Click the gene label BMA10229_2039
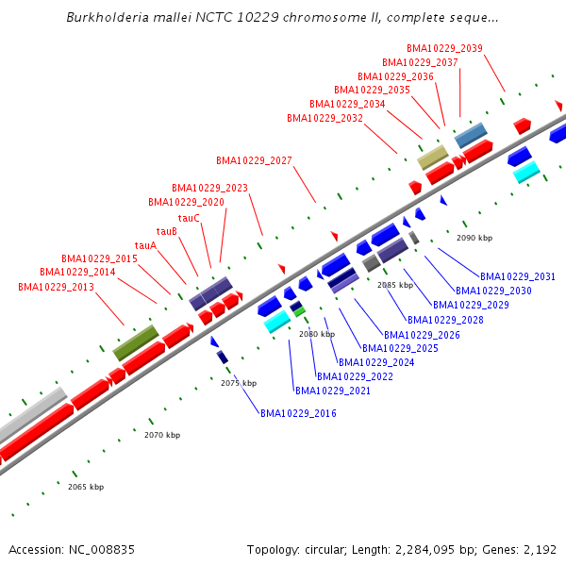click(445, 48)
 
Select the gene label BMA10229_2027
click(254, 160)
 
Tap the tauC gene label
click(189, 218)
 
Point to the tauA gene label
click(145, 245)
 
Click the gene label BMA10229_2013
click(56, 287)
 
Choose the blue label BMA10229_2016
click(298, 413)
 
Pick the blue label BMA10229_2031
click(518, 276)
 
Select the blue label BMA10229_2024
click(376, 362)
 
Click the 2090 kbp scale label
click(474, 239)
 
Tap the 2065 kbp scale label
click(86, 487)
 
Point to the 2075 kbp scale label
click(239, 383)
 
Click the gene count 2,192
click(540, 549)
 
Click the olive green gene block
click(136, 342)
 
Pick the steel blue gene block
click(471, 135)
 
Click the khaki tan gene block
click(433, 157)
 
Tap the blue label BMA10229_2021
click(333, 391)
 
